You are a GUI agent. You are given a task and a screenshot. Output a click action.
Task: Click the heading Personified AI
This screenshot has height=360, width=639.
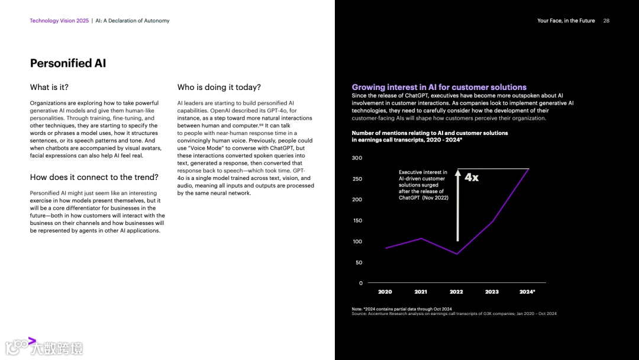click(x=68, y=63)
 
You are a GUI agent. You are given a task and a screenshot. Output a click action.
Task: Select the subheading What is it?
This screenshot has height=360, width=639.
click(x=49, y=88)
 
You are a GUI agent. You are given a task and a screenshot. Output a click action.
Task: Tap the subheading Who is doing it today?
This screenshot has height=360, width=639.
click(x=219, y=88)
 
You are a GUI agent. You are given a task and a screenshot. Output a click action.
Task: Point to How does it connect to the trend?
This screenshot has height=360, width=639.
click(x=94, y=177)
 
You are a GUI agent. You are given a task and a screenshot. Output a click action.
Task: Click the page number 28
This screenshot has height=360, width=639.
click(x=606, y=21)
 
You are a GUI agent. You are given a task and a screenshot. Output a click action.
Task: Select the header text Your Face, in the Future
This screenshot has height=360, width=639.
click(x=566, y=21)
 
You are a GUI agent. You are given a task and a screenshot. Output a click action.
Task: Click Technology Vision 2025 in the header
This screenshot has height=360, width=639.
click(x=59, y=21)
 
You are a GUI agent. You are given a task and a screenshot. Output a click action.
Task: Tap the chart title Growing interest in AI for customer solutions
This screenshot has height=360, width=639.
click(x=439, y=87)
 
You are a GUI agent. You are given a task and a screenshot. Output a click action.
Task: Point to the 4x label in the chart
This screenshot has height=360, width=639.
click(x=472, y=177)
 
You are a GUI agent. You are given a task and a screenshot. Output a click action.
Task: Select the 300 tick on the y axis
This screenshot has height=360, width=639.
click(x=357, y=158)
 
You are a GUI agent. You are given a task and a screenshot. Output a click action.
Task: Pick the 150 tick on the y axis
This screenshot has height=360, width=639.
click(x=357, y=221)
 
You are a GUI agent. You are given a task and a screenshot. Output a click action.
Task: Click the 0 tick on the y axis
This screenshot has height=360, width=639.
click(x=360, y=283)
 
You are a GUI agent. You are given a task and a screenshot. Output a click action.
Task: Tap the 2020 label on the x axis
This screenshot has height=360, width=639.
click(x=385, y=292)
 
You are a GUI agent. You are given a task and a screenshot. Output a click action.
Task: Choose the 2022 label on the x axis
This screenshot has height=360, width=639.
click(x=456, y=292)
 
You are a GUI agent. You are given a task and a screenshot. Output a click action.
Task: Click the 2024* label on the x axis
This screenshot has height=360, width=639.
click(x=527, y=292)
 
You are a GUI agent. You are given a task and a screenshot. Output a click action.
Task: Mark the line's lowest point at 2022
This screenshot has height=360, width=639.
click(x=456, y=254)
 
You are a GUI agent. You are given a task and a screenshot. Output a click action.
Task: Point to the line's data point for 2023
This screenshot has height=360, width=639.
click(x=492, y=221)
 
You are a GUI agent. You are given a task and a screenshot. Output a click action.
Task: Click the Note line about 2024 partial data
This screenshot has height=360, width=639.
click(x=402, y=309)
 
